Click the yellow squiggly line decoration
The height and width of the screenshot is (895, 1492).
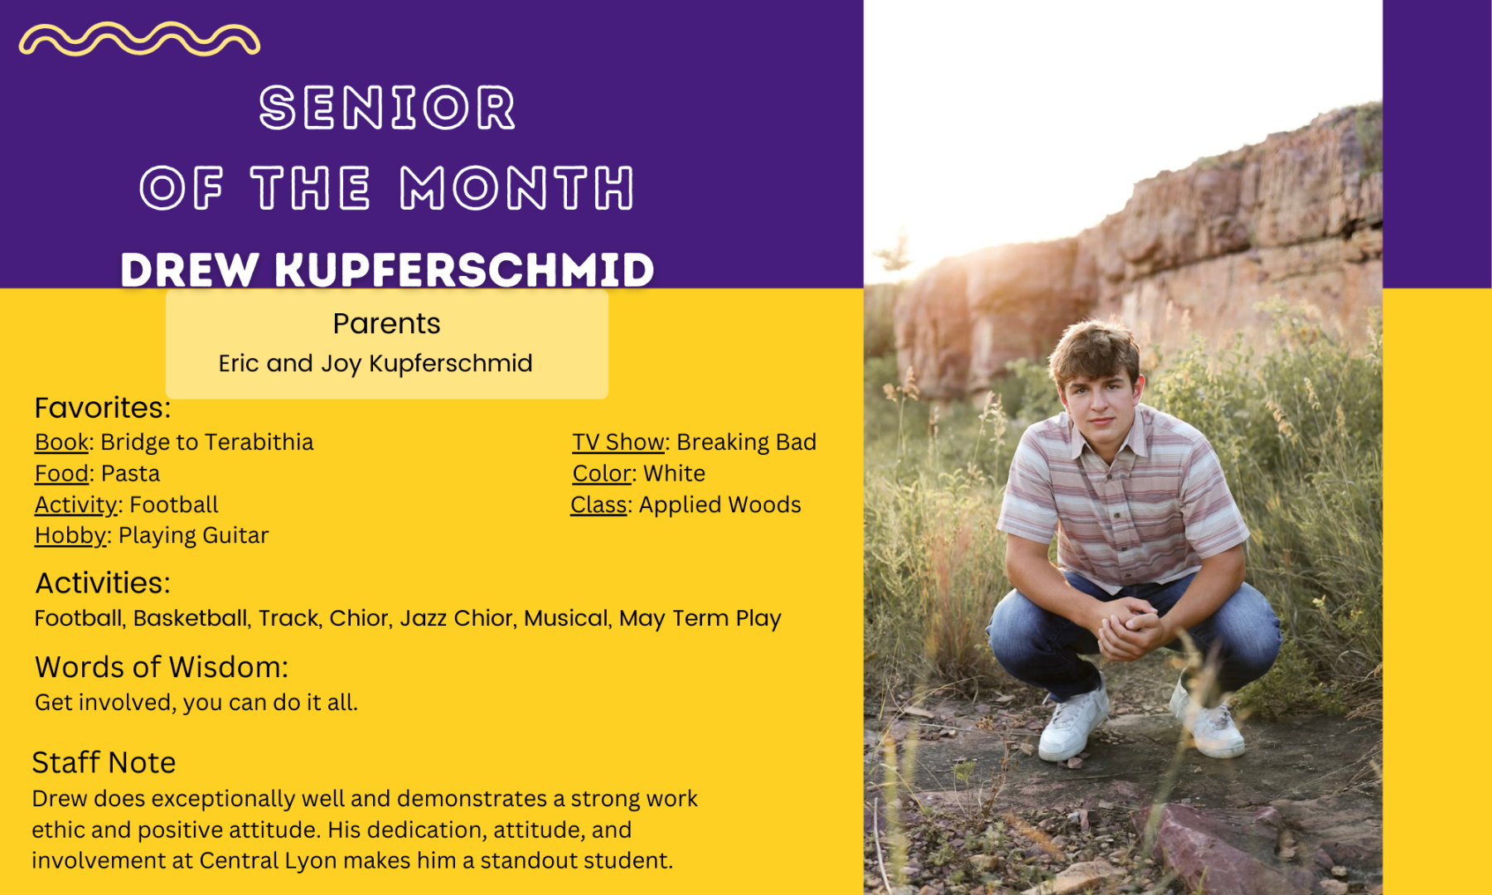(x=139, y=38)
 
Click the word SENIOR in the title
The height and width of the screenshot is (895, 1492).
(x=387, y=108)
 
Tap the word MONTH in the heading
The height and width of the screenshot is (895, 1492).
(x=517, y=187)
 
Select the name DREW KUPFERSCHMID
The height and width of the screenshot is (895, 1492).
(x=387, y=270)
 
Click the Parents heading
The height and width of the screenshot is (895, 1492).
(x=387, y=323)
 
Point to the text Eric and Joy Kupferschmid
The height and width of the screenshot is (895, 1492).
(x=375, y=363)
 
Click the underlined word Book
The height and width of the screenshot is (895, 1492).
(x=61, y=442)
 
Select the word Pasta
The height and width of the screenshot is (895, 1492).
(x=130, y=473)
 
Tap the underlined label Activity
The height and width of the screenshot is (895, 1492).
(x=76, y=505)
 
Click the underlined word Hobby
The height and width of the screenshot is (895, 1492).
(x=70, y=535)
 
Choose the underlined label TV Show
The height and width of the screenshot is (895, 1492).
(x=618, y=442)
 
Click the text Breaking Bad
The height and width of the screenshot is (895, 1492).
(x=747, y=442)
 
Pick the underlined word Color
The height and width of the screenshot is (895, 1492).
(x=602, y=473)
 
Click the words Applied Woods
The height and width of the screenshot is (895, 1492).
(x=719, y=505)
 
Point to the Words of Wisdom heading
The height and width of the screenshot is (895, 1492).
(x=162, y=667)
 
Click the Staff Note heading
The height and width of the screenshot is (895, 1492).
(x=104, y=762)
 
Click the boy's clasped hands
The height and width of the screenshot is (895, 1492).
(x=1129, y=626)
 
